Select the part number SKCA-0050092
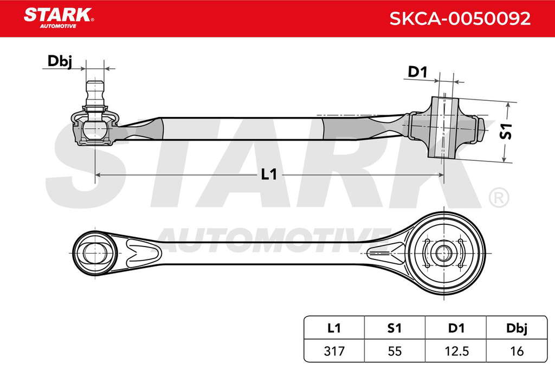[x=460, y=18]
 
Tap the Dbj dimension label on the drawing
[x=60, y=61]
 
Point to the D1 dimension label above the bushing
[x=418, y=72]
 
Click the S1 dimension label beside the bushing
[x=506, y=131]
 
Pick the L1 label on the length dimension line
[x=269, y=174]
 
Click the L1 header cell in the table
[x=334, y=328]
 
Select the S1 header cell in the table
[x=395, y=328]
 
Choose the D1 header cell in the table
[x=456, y=328]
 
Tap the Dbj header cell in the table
[x=517, y=328]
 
